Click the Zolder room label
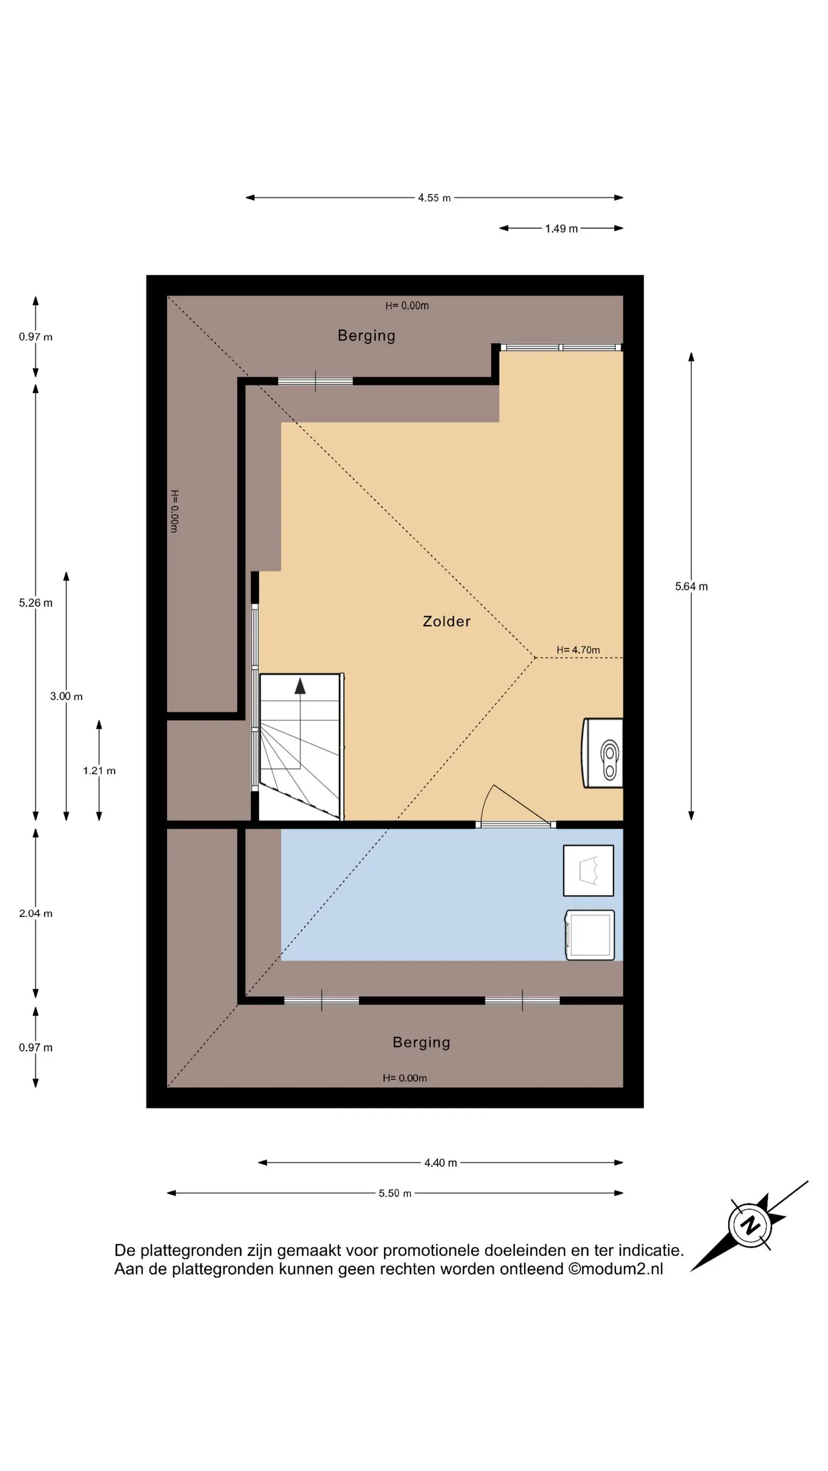446,621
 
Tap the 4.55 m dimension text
434,198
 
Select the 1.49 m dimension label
561,228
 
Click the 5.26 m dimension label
35,603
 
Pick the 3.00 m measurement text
66,696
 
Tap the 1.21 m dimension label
99,770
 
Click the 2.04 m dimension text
35,913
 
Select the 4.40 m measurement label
440,1163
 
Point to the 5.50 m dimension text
395,1193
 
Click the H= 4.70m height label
578,650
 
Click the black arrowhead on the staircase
300,686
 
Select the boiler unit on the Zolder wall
602,753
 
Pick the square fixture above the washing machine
589,870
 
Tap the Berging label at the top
366,335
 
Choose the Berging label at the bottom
421,1042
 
